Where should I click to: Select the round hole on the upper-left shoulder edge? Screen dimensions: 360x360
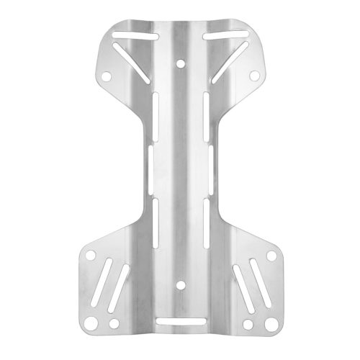point(105,76)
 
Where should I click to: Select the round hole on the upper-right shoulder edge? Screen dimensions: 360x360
point(253,76)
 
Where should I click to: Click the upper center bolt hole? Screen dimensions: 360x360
point(179,65)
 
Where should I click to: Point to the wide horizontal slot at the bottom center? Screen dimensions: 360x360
point(179,320)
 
